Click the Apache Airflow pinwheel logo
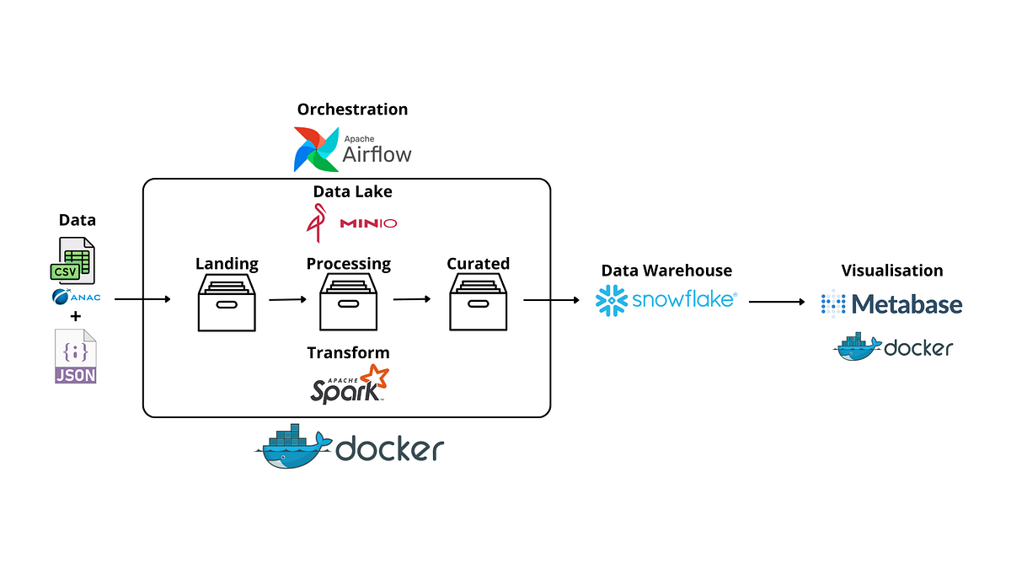[315, 149]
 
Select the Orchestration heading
[352, 110]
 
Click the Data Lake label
[352, 191]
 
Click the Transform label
[348, 352]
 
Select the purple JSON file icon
[76, 357]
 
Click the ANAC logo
[76, 296]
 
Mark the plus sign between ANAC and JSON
[76, 317]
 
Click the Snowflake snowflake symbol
[612, 301]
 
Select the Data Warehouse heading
[666, 271]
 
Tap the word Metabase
[907, 303]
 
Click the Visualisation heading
[892, 271]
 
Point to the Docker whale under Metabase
[858, 346]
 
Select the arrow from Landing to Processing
[287, 299]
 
